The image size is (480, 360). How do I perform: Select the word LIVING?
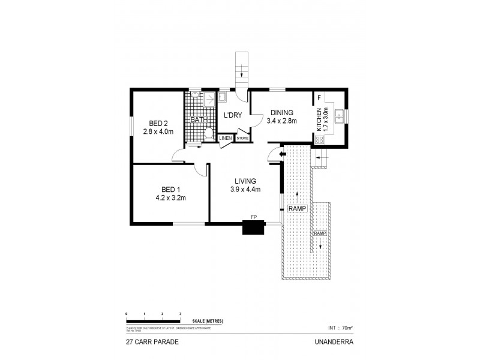point(246,181)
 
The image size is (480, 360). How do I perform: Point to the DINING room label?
point(281,112)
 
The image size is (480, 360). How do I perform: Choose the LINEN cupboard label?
point(225,139)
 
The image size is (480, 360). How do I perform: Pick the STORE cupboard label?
point(242,139)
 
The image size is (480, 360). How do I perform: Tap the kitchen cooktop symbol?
point(320,140)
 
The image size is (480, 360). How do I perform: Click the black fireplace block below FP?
point(253,227)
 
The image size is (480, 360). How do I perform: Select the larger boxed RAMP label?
point(298,209)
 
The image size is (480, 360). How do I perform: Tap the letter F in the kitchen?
point(319,97)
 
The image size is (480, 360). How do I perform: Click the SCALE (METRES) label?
point(208,322)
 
